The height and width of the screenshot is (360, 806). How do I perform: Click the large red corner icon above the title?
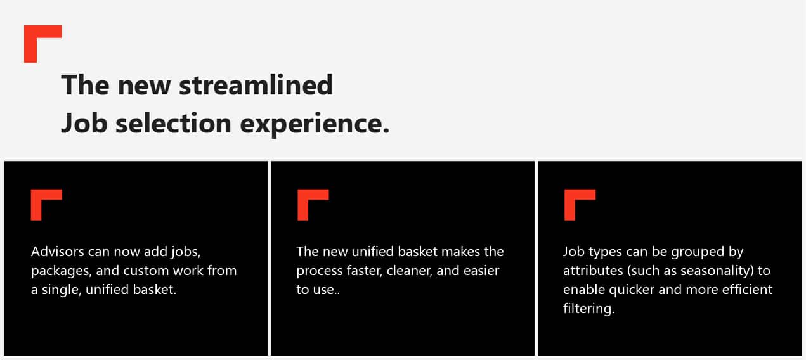click(x=38, y=39)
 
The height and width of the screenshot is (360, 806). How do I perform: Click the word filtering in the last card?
click(x=588, y=309)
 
